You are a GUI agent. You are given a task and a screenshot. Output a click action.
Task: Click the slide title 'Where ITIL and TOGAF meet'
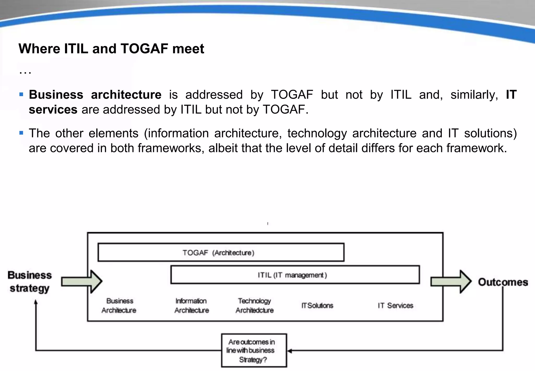[x=111, y=49]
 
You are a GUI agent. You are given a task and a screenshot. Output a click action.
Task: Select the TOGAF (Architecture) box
[x=221, y=252]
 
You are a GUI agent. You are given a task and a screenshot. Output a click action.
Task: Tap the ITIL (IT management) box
[x=295, y=275]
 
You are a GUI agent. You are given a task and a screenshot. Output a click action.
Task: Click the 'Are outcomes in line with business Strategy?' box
[x=254, y=351]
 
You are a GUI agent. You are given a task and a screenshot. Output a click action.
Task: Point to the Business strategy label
[x=30, y=282]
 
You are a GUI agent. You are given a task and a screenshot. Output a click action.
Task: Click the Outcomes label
[x=503, y=282]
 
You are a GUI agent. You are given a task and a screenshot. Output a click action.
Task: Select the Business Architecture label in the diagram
[x=119, y=306]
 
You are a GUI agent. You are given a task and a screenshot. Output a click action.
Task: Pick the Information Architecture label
[x=191, y=306]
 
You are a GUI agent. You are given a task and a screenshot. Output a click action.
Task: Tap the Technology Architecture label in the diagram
[x=255, y=306]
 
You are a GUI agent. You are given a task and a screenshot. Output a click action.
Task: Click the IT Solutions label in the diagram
[x=317, y=306]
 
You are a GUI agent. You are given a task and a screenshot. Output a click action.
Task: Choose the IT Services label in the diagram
[x=395, y=306]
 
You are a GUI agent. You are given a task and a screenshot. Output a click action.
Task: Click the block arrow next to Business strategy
[x=82, y=282]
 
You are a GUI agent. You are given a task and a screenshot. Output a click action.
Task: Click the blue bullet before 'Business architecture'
[x=21, y=94]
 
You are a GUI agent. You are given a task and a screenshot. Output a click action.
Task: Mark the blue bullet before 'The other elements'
[x=21, y=133]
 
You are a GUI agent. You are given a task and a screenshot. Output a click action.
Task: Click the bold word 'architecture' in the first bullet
[x=126, y=95]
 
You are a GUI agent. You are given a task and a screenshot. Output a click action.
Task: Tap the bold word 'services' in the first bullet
[x=53, y=110]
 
